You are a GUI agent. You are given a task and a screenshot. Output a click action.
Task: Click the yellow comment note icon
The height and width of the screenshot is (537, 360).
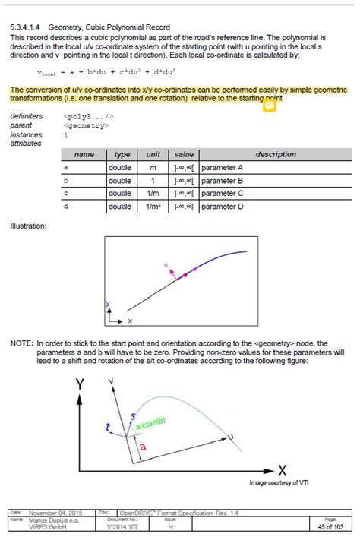(269, 106)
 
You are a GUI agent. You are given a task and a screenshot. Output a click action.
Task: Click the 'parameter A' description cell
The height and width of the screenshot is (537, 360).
(222, 167)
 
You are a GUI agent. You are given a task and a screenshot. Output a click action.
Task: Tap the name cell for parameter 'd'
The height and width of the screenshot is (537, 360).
(66, 206)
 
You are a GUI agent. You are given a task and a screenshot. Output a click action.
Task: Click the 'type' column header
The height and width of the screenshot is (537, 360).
(122, 154)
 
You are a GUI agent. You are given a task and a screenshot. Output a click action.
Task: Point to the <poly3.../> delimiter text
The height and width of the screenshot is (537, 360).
(89, 116)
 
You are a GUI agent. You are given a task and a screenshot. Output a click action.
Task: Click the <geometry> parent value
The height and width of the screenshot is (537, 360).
(87, 125)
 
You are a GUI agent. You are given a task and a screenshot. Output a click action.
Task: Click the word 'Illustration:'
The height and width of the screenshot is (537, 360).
(29, 226)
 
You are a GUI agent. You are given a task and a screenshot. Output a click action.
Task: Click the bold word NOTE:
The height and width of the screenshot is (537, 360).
(21, 343)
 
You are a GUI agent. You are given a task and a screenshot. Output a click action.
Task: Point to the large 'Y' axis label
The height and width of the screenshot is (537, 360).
(80, 385)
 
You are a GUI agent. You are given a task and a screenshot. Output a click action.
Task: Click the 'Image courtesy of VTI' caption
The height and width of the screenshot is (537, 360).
(279, 482)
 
